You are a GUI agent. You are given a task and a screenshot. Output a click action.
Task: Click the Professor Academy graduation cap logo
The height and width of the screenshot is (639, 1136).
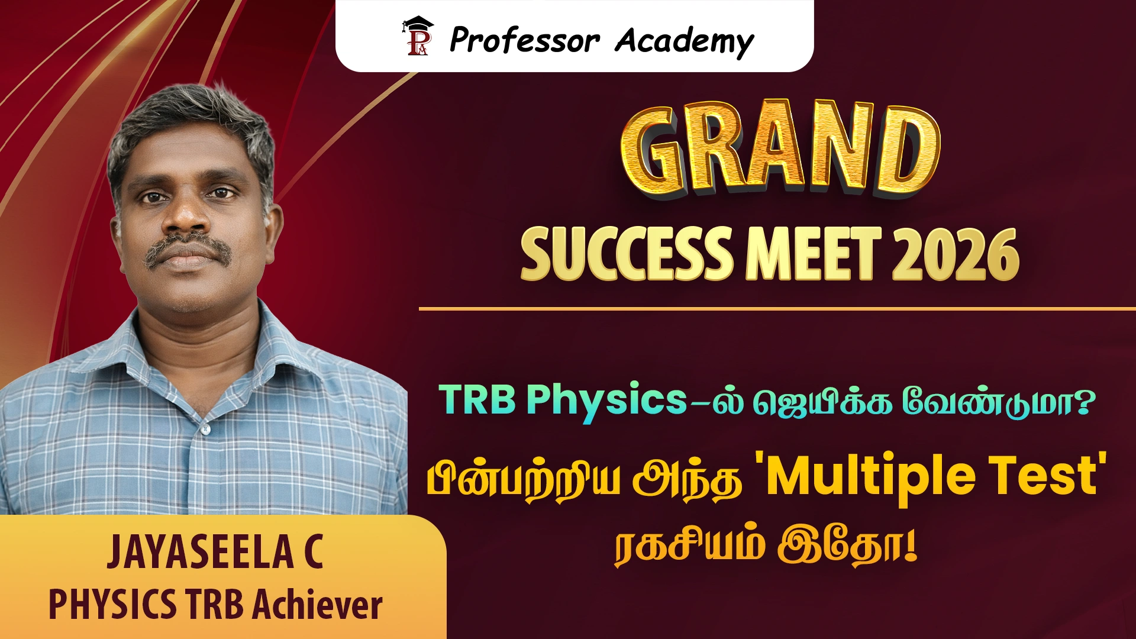pos(418,37)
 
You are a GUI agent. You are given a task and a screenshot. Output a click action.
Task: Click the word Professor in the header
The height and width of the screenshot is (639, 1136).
pos(525,41)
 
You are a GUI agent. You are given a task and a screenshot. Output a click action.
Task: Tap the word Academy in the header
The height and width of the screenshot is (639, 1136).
pos(684,42)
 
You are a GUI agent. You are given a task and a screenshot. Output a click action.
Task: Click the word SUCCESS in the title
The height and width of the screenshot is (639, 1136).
pos(627,254)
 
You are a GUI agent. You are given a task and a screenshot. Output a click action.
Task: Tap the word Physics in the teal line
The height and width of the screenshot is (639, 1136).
pos(606,402)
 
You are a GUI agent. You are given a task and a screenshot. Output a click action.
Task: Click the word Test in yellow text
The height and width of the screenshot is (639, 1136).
pos(1042,476)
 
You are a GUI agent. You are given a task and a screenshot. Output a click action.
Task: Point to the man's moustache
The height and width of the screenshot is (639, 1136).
pos(188,247)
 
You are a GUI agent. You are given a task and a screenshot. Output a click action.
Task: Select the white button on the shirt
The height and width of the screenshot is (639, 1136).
pos(205,427)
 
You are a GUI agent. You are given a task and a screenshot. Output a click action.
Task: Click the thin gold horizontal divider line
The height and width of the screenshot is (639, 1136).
pos(777,309)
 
